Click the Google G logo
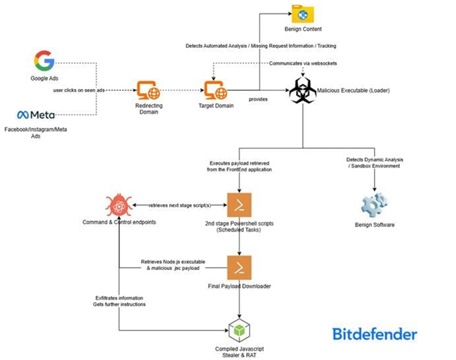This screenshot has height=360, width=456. tap(44, 61)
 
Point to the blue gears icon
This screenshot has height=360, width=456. tap(374, 205)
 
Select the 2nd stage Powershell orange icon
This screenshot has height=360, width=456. tap(239, 205)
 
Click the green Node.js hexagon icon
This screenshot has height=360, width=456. tap(239, 332)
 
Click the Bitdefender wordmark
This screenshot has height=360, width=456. tap(375, 334)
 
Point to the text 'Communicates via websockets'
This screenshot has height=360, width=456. tap(303, 64)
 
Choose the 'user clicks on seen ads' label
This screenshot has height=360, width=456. tap(80, 90)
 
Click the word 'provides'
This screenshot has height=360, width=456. tap(258, 100)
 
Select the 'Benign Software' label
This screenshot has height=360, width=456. tap(375, 224)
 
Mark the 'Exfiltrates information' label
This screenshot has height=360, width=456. tap(120, 298)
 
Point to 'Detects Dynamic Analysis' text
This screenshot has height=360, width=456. tap(375, 159)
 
